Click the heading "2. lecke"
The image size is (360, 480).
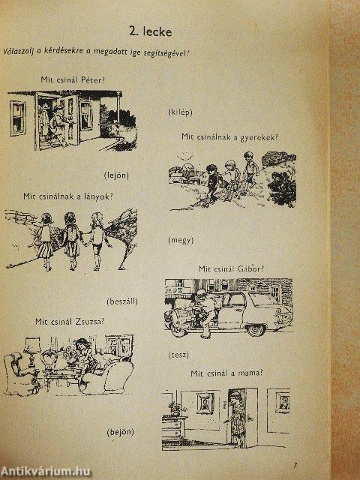pyautogui.click(x=150, y=31)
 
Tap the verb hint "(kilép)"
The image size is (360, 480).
pyautogui.click(x=180, y=112)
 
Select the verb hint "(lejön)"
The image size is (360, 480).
pyautogui.click(x=116, y=175)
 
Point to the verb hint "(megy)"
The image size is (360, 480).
pyautogui.click(x=181, y=240)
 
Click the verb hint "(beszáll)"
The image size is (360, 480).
pyautogui.click(x=122, y=301)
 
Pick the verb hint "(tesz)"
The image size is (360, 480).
pyautogui.click(x=178, y=355)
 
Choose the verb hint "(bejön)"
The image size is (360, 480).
pyautogui.click(x=121, y=432)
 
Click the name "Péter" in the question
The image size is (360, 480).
pyautogui.click(x=93, y=80)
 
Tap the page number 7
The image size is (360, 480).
pyautogui.click(x=295, y=465)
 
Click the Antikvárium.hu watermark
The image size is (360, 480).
pyautogui.click(x=45, y=472)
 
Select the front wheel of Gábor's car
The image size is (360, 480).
pyautogui.click(x=256, y=330)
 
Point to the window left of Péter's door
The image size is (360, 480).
pyautogui.click(x=18, y=118)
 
